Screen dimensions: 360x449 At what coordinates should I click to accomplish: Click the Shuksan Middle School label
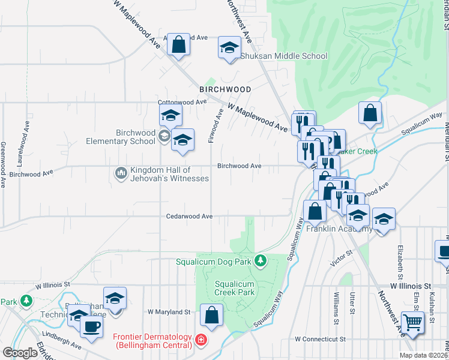point(284,56)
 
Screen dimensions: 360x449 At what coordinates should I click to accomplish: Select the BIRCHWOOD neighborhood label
point(225,89)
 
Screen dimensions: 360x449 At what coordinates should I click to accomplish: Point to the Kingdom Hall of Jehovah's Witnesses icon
point(120,174)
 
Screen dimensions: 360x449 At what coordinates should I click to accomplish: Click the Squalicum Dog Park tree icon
point(260,260)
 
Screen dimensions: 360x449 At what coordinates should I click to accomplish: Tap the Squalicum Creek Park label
point(235,288)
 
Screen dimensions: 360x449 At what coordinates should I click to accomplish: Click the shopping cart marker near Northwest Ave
point(412,322)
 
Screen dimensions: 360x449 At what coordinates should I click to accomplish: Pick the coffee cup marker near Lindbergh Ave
point(91,326)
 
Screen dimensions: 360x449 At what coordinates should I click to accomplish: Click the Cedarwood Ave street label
point(190,216)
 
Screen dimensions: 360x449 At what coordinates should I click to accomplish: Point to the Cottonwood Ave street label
point(182,102)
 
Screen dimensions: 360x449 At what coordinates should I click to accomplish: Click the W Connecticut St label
point(321,339)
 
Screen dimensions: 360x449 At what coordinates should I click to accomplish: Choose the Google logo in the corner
point(20,353)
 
